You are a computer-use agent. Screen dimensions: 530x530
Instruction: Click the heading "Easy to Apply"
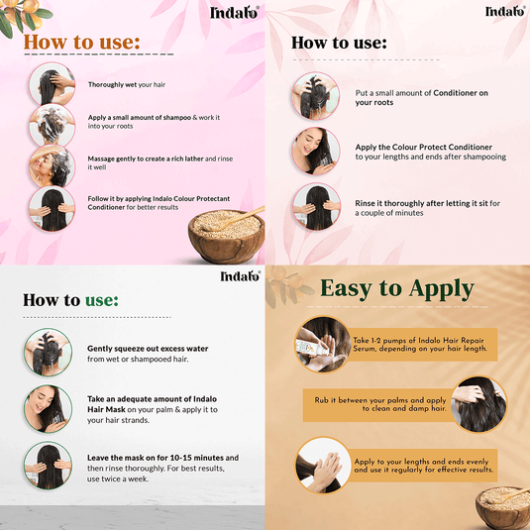(396, 289)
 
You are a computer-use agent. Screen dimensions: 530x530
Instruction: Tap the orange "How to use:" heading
(81, 42)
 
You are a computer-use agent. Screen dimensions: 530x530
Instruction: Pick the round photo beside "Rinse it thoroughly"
(315, 206)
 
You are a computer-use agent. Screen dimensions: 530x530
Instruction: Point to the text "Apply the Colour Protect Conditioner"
(430, 152)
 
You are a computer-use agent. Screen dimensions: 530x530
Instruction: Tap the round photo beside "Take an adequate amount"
(49, 406)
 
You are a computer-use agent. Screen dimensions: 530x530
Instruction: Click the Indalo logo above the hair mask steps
(240, 275)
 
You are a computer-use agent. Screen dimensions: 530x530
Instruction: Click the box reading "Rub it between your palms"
(379, 404)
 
